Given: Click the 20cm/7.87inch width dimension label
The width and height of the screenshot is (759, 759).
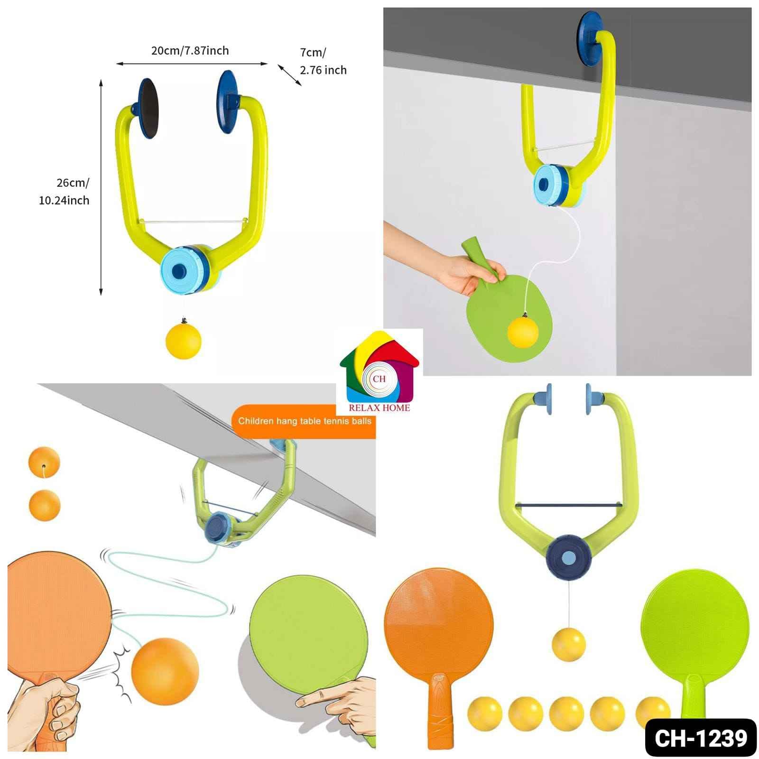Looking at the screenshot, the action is (x=190, y=50).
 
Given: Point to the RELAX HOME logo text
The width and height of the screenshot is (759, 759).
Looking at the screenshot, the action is (x=379, y=407).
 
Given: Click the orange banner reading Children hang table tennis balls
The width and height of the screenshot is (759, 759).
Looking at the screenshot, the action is (x=304, y=421).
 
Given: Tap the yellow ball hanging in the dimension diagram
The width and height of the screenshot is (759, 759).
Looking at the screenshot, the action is (x=183, y=341).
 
